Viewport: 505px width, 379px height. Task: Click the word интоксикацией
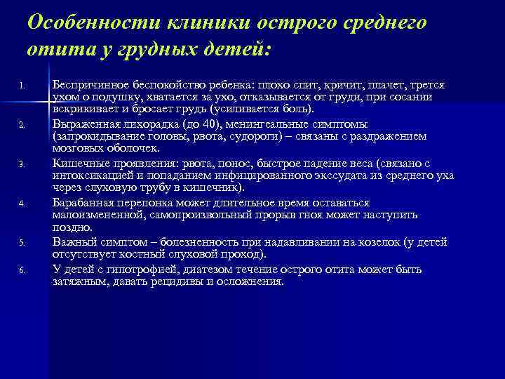[x=92, y=176]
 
